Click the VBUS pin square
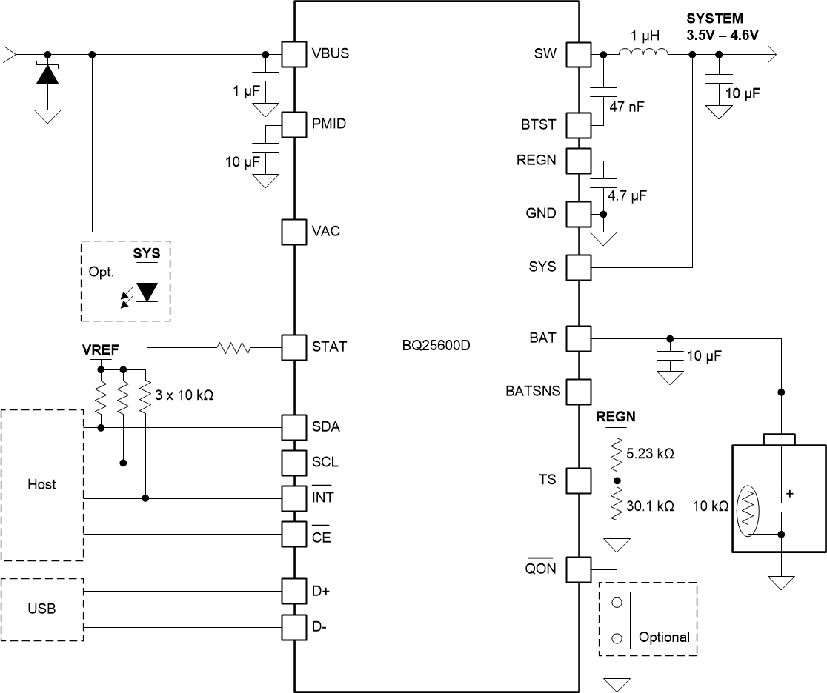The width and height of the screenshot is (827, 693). pyautogui.click(x=294, y=54)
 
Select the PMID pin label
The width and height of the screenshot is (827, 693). pyautogui.click(x=329, y=124)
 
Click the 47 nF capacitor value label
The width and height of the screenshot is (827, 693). pyautogui.click(x=626, y=107)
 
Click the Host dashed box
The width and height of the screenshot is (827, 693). pyautogui.click(x=41, y=485)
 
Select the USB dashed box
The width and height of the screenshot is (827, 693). pyautogui.click(x=41, y=609)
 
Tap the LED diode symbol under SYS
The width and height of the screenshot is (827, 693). pyautogui.click(x=147, y=291)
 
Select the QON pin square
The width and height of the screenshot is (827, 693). pyautogui.click(x=579, y=569)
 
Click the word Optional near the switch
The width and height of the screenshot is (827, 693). pyautogui.click(x=664, y=637)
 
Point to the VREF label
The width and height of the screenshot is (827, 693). pyautogui.click(x=99, y=348)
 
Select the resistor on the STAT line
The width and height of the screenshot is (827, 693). pyautogui.click(x=234, y=346)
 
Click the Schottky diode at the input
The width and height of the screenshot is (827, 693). pyautogui.click(x=48, y=75)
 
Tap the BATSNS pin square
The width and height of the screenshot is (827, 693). pyautogui.click(x=579, y=390)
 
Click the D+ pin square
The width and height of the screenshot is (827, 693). pyautogui.click(x=294, y=591)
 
